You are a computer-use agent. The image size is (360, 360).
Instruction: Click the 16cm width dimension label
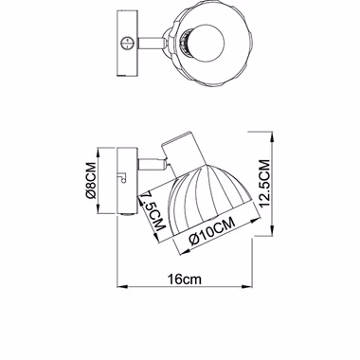185,279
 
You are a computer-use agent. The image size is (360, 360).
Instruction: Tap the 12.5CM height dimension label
264,184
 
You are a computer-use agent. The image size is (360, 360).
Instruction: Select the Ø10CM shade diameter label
212,231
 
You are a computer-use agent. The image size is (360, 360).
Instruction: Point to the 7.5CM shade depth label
153,211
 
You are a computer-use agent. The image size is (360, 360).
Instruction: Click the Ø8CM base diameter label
91,181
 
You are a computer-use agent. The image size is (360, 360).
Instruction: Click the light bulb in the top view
206,42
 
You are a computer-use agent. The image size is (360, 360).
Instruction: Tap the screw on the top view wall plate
127,43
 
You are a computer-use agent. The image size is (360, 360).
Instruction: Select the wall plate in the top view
128,43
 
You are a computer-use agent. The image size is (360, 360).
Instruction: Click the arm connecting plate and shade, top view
151,43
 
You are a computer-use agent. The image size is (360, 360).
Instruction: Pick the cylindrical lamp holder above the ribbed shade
182,153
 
